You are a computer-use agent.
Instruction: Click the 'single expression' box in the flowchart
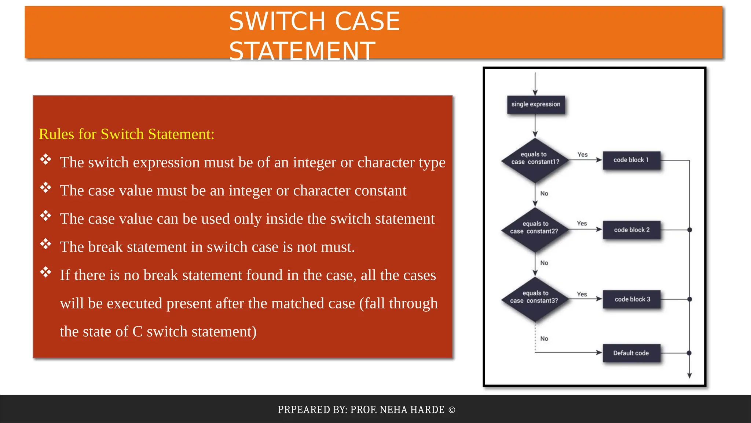point(536,105)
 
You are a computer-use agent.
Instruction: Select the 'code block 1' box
point(631,160)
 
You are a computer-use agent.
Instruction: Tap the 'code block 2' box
point(631,230)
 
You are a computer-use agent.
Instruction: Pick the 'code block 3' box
point(632,299)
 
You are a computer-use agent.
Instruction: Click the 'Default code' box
point(631,353)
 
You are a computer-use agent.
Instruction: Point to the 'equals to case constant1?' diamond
point(535,160)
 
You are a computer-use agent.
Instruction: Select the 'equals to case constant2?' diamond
point(535,229)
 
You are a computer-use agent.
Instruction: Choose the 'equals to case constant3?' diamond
point(535,299)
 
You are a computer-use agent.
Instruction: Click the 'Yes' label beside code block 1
point(582,155)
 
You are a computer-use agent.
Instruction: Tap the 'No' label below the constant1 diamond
point(544,194)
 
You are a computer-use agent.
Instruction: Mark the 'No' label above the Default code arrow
point(544,339)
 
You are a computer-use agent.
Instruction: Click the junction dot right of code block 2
point(689,230)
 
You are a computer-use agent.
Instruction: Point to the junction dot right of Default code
point(689,353)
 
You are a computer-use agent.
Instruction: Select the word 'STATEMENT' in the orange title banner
point(302,51)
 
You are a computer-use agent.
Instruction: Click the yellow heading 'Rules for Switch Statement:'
point(127,134)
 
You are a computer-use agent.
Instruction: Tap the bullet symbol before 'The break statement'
point(46,243)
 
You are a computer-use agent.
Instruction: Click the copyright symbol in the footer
point(452,409)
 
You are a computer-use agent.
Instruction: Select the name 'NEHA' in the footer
point(393,409)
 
